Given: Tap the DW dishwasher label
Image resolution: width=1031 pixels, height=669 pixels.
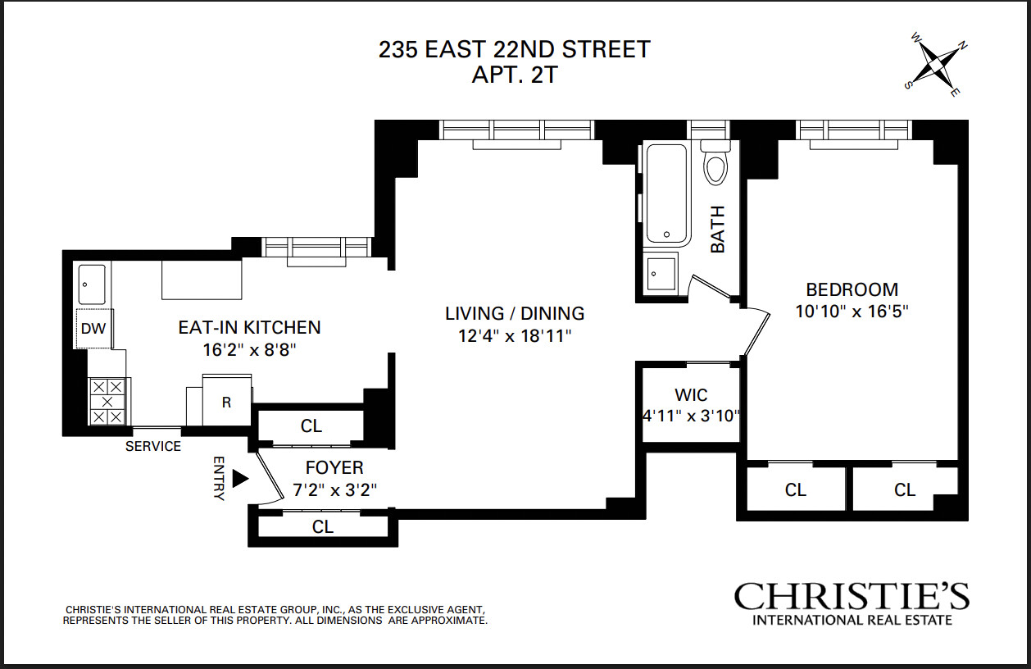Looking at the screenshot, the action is pyautogui.click(x=93, y=329).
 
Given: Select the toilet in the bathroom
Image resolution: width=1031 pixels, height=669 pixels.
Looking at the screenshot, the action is pyautogui.click(x=715, y=163).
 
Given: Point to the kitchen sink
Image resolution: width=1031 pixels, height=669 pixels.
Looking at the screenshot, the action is pyautogui.click(x=92, y=284).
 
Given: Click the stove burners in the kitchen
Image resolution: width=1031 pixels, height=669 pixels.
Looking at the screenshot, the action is pyautogui.click(x=107, y=402).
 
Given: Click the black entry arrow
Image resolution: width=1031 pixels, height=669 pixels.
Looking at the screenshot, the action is pyautogui.click(x=240, y=478).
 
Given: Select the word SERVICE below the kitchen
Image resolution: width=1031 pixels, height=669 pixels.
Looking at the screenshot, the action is pyautogui.click(x=153, y=446).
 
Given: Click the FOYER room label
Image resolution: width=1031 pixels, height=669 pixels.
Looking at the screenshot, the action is pyautogui.click(x=334, y=468).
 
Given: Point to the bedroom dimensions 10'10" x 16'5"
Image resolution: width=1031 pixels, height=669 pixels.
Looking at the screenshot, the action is pyautogui.click(x=852, y=312).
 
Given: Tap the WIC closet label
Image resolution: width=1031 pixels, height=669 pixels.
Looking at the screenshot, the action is pyautogui.click(x=691, y=395).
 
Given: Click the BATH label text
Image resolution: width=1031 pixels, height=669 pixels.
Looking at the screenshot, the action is pyautogui.click(x=718, y=230).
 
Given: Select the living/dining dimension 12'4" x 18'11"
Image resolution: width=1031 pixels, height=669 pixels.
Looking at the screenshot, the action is pyautogui.click(x=515, y=336).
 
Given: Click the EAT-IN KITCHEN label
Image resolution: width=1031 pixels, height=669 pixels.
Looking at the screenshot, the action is pyautogui.click(x=249, y=327).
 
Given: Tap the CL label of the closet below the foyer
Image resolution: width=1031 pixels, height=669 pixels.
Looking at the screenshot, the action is pyautogui.click(x=323, y=526).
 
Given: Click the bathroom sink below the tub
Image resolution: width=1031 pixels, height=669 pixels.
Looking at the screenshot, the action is pyautogui.click(x=661, y=274).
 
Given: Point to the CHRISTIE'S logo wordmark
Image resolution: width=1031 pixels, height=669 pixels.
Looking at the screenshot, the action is pyautogui.click(x=852, y=596).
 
